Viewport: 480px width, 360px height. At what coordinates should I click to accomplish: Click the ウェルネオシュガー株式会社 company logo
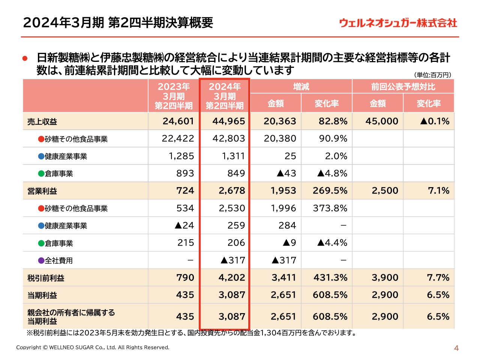(398, 23)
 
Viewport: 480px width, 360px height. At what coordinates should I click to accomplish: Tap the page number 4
(456, 348)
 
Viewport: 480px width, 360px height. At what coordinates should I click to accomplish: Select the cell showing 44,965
(228, 121)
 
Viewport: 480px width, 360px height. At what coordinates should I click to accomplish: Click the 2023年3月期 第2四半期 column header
(174, 96)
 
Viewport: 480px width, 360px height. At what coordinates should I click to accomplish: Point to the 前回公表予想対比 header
(403, 87)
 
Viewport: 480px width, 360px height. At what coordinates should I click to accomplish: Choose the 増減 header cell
(301, 87)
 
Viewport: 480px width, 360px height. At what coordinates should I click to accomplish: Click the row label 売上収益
(42, 121)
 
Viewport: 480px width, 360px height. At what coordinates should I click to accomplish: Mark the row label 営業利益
(42, 191)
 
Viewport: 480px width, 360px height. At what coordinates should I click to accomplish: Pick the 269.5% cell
(330, 190)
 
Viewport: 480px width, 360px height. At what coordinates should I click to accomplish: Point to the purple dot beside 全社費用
(41, 260)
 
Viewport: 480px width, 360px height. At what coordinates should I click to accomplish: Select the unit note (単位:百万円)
(432, 75)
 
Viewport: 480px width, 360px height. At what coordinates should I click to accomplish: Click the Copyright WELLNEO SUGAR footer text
(93, 347)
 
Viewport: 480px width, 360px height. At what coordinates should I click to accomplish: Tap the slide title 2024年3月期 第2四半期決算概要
(118, 22)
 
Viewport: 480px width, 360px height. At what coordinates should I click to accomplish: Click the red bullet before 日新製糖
(25, 58)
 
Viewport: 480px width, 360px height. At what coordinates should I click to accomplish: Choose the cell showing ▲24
(184, 225)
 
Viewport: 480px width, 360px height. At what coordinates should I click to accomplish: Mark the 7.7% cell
(438, 277)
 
